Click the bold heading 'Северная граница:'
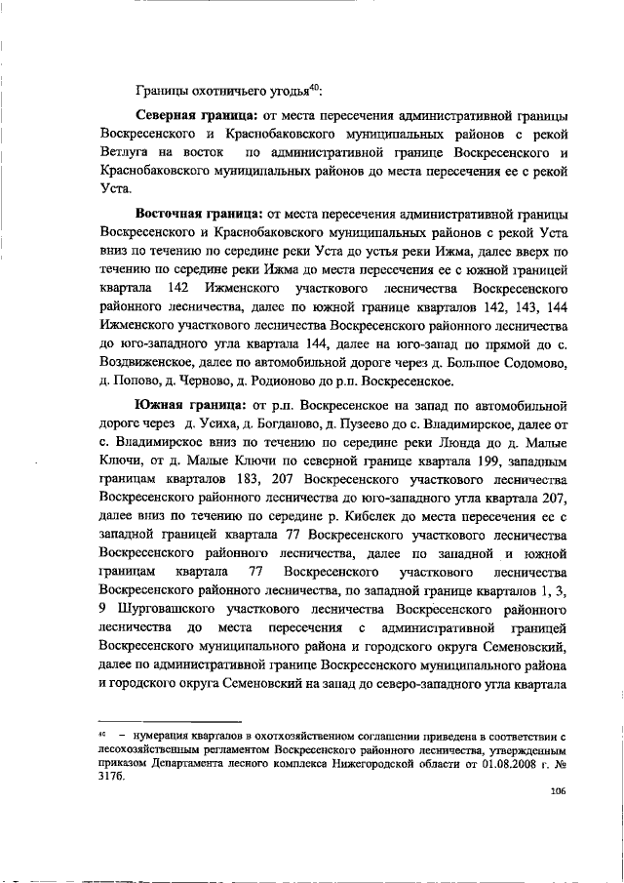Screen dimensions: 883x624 pos(193,116)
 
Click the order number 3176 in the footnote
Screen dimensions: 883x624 pos(111,778)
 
